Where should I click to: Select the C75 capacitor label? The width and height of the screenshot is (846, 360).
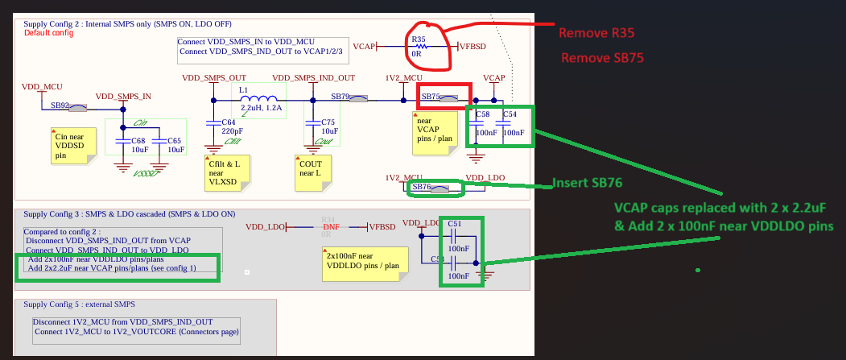coord(328,126)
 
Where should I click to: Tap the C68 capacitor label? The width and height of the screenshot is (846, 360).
coord(140,146)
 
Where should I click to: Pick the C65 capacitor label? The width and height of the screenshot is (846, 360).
coord(175,146)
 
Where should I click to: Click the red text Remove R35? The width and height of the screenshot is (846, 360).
coord(596,34)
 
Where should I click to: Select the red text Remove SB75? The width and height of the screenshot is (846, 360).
coord(602,58)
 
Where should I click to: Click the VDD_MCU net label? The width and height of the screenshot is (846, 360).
coord(42,86)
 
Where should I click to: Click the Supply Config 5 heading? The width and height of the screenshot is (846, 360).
coord(79,304)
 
